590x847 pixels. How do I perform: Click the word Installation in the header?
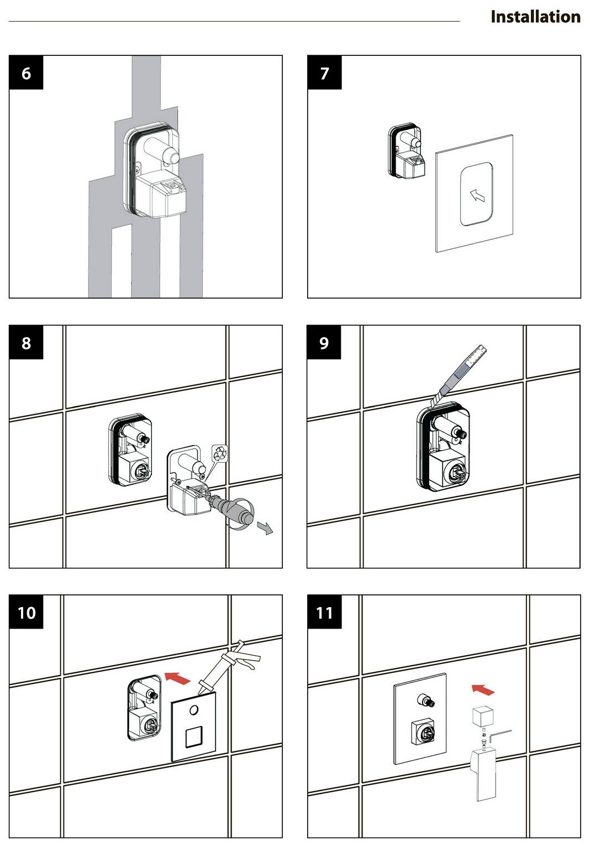coord(535,17)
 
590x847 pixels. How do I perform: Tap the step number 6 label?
coord(26,73)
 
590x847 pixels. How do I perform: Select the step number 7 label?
coord(324,73)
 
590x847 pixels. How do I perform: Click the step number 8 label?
coord(26,343)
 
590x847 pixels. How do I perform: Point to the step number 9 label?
coord(324,343)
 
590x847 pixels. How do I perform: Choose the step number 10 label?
coord(27,613)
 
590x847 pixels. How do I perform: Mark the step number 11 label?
coord(324,613)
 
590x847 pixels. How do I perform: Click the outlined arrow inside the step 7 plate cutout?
coord(477,195)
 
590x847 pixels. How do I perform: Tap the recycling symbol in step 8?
coord(220,453)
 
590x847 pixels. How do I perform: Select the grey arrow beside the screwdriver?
coord(266,529)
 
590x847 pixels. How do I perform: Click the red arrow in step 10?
coord(178,678)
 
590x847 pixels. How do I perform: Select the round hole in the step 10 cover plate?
coord(194,709)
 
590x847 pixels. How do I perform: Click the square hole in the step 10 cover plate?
coord(194,737)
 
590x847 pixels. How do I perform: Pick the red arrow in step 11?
coord(483,689)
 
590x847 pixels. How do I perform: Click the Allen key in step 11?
coord(501,736)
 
